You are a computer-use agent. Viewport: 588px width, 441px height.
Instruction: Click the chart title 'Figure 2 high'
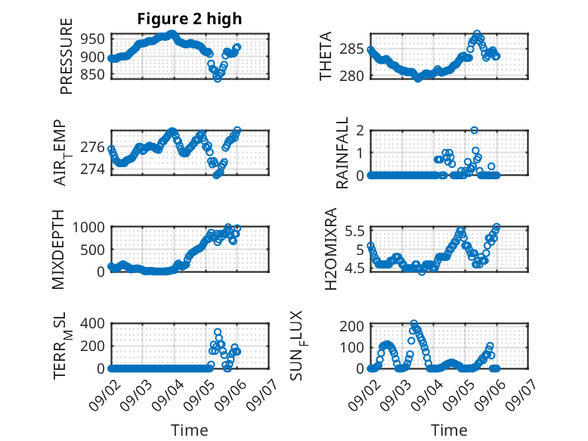coord(190,19)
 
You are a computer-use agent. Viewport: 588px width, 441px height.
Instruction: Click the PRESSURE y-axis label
coord(66,56)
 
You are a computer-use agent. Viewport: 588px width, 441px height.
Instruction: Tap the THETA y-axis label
coord(326,56)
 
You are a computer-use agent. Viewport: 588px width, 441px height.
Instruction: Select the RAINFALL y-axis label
coord(342,153)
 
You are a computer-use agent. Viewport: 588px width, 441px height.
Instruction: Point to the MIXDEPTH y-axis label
coord(58,250)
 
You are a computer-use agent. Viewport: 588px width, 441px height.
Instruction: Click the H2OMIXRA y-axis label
coord(331,249)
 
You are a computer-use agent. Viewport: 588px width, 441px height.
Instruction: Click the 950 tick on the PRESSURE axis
coord(93,39)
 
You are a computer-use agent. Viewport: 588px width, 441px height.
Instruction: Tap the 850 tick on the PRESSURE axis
coord(93,74)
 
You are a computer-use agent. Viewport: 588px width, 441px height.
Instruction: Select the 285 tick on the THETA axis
coord(352,49)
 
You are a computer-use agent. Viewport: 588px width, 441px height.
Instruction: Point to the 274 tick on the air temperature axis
coord(93,169)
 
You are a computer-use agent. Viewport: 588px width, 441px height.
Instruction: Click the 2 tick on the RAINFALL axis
coord(361,130)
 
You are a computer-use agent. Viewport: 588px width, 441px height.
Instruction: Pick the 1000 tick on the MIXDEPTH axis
coord(88,227)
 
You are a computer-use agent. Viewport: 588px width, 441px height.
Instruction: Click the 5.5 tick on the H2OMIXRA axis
coord(354,231)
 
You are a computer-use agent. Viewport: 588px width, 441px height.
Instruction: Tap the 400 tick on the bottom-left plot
coord(93,323)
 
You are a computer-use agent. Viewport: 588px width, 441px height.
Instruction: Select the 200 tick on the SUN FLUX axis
coord(352,326)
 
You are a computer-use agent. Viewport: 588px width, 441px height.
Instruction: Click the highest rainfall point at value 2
coord(475,130)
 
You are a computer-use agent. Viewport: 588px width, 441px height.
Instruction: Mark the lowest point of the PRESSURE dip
coord(218,79)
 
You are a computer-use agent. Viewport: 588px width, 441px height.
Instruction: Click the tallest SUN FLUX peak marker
coord(414,323)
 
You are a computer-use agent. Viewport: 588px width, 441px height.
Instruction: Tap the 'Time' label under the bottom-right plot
coord(449,430)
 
